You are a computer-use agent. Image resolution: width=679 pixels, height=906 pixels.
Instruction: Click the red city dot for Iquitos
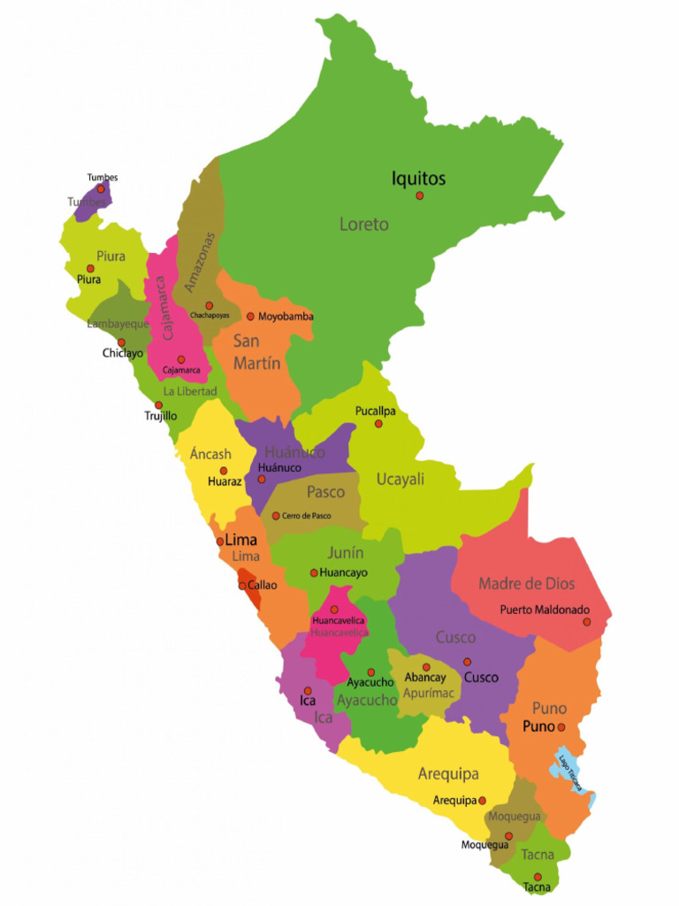[x=420, y=196]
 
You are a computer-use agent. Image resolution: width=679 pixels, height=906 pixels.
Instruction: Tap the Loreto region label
[x=364, y=225]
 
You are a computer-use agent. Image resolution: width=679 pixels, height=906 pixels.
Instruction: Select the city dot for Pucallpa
[x=378, y=424]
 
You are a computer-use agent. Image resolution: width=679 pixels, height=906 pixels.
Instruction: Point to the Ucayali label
[x=401, y=480]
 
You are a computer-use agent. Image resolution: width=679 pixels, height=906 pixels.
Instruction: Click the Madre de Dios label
[x=526, y=584]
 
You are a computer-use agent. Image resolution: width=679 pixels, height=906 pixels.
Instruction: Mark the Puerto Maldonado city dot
[x=586, y=622]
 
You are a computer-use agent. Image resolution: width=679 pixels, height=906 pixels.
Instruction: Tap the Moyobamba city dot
[x=250, y=316]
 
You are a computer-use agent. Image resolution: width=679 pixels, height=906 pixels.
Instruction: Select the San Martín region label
[x=257, y=351]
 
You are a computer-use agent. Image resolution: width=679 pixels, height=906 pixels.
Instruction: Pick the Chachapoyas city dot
[x=210, y=305]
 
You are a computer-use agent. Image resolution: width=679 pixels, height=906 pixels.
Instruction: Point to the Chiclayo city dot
[x=122, y=342]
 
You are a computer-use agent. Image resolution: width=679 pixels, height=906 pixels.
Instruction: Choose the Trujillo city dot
[x=159, y=405]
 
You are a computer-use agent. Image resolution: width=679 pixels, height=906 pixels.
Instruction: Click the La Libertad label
[x=190, y=391]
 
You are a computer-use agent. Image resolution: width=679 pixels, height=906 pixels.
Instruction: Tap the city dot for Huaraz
[x=224, y=471]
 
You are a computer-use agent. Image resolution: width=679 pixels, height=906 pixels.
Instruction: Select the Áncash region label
[x=210, y=455]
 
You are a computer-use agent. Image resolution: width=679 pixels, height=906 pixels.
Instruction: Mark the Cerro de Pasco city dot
[x=276, y=516]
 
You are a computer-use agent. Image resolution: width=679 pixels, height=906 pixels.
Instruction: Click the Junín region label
[x=346, y=553]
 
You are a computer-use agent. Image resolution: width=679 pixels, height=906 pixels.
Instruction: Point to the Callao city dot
[x=242, y=585]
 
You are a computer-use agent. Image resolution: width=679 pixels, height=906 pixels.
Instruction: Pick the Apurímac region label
[x=429, y=694]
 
